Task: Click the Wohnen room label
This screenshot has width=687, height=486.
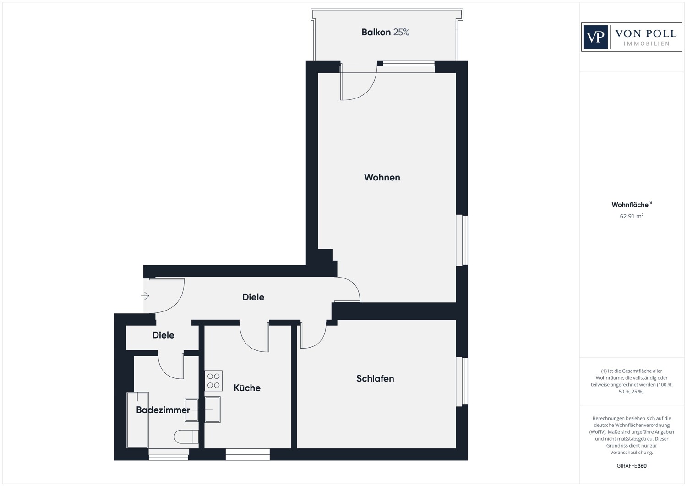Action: (382, 177)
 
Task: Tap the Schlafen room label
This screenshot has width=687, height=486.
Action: (375, 378)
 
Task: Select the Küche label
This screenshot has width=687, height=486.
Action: (247, 388)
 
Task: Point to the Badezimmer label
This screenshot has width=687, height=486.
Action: (163, 410)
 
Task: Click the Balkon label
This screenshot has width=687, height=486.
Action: (376, 32)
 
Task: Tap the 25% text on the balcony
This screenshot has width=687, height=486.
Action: (401, 32)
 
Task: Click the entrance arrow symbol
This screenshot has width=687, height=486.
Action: (145, 296)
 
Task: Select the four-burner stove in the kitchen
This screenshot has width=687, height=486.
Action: (213, 381)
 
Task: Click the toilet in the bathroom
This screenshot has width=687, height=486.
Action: (186, 437)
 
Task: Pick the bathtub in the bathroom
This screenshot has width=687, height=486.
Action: (138, 420)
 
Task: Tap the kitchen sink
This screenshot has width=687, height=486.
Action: (213, 410)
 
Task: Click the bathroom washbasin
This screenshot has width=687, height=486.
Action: (191, 410)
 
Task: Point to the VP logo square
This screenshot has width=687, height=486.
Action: (595, 37)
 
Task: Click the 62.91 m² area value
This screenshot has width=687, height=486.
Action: (632, 216)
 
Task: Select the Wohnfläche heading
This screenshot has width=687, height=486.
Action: (632, 204)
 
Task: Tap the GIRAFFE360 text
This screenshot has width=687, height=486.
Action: (632, 466)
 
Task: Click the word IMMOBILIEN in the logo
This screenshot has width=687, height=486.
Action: (647, 44)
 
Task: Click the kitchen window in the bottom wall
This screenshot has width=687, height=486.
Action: (247, 454)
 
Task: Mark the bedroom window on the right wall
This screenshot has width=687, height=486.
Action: (462, 382)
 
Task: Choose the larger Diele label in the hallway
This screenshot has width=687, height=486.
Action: (253, 297)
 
